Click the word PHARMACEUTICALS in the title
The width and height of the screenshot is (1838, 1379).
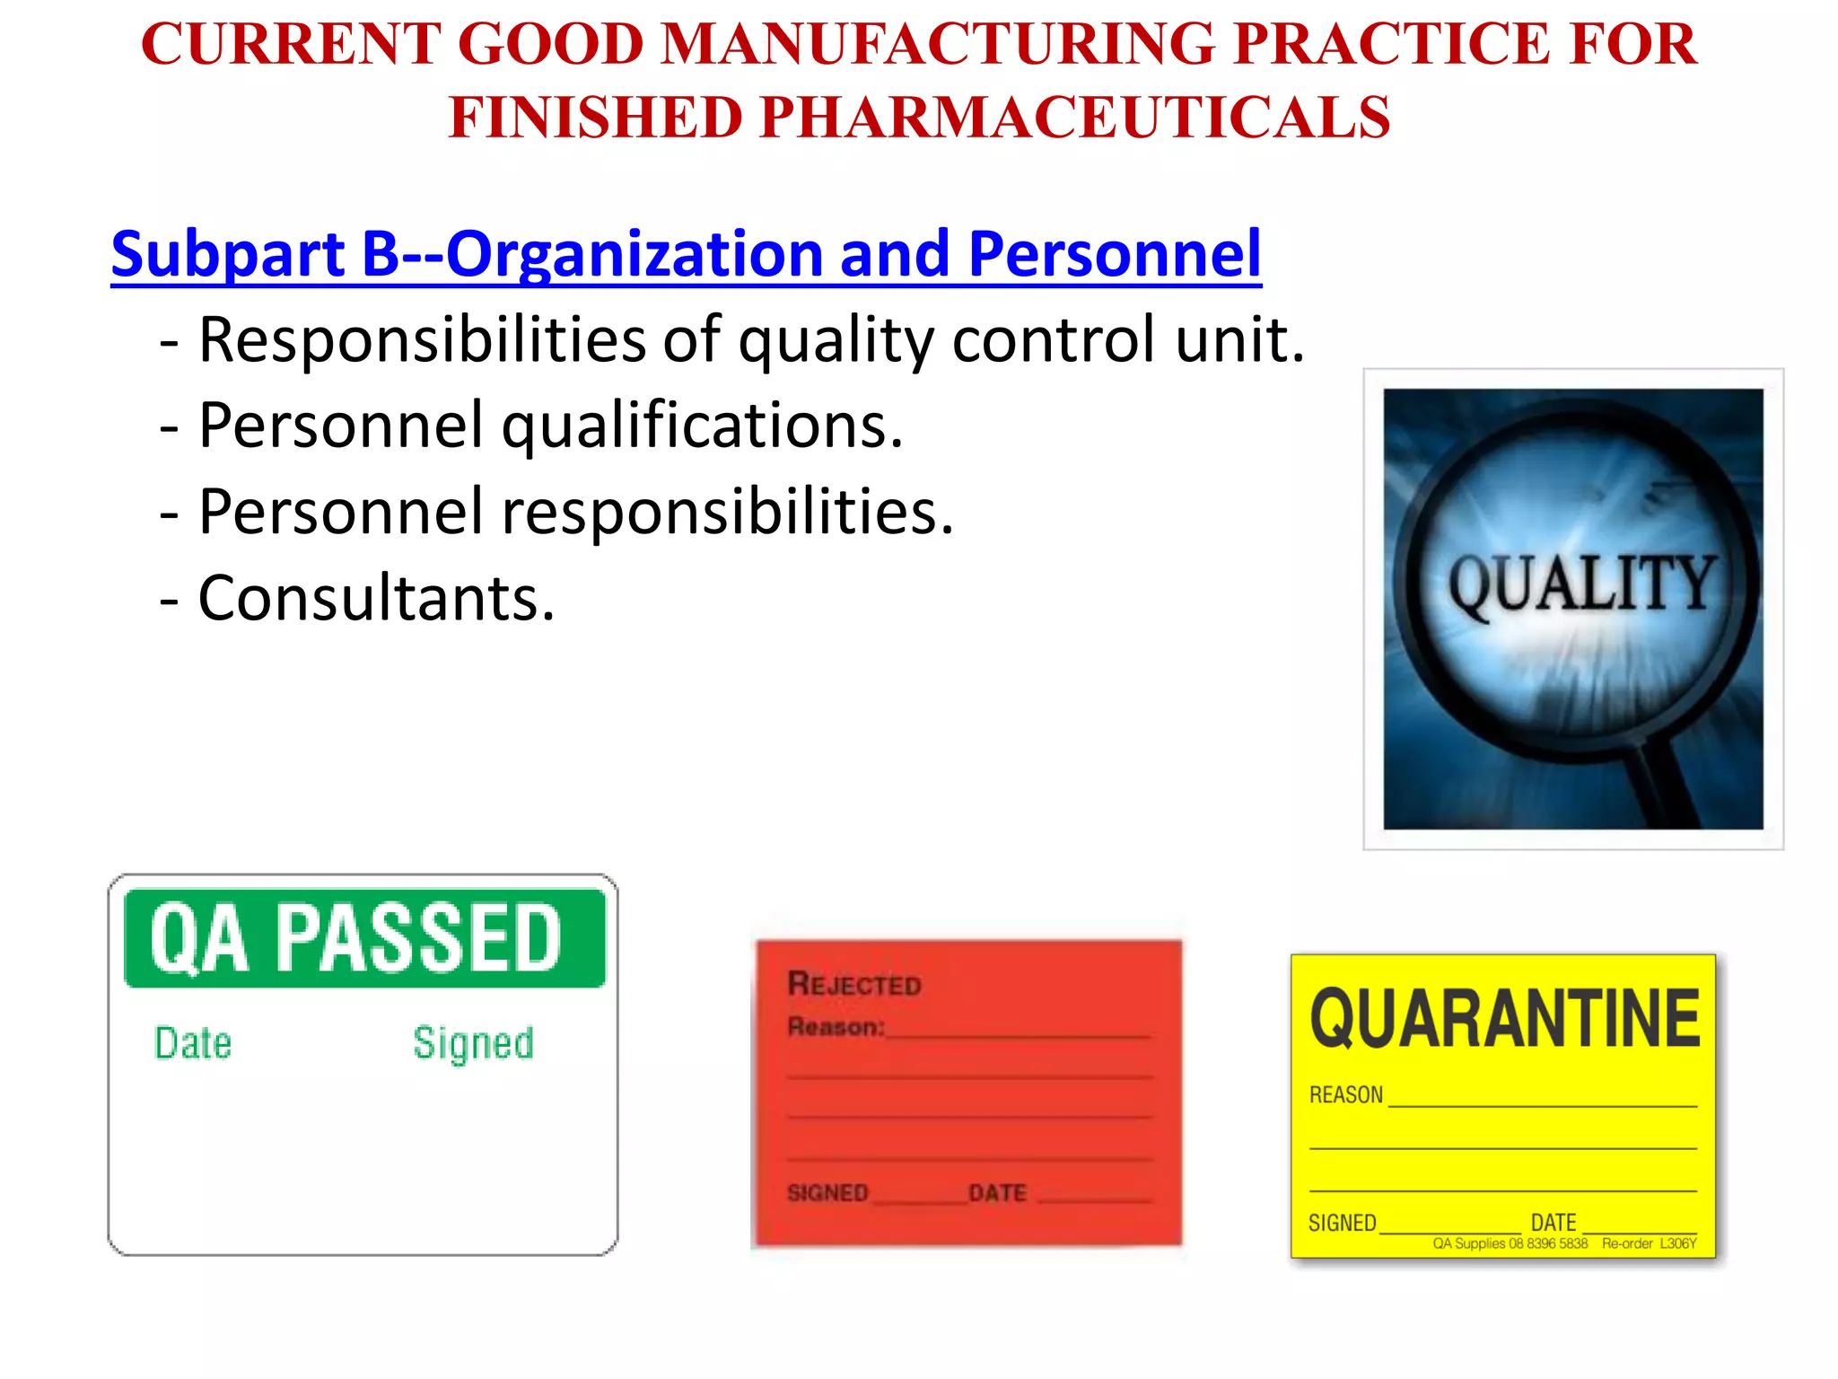(x=1074, y=119)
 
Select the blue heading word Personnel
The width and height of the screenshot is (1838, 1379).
(x=1115, y=254)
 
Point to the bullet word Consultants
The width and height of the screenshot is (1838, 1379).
(x=376, y=598)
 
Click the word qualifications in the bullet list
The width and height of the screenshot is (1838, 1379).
(x=702, y=426)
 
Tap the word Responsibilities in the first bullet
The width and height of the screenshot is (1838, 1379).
(x=422, y=340)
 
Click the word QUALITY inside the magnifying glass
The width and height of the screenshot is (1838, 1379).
(x=1581, y=584)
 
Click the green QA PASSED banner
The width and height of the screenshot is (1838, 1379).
(x=364, y=938)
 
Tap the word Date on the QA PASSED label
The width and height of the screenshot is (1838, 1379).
(x=193, y=1043)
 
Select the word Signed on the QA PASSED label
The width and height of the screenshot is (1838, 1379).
(x=473, y=1043)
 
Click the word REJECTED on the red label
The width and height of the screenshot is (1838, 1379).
(x=854, y=984)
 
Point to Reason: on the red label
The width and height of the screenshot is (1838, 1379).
(x=836, y=1026)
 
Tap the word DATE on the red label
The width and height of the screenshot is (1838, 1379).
(x=997, y=1193)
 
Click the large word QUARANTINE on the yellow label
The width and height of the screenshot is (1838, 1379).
(x=1504, y=1019)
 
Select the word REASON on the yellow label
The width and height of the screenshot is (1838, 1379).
(x=1345, y=1095)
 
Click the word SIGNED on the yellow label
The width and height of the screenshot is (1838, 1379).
(x=1342, y=1223)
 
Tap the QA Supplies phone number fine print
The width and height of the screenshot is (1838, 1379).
(x=1510, y=1244)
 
